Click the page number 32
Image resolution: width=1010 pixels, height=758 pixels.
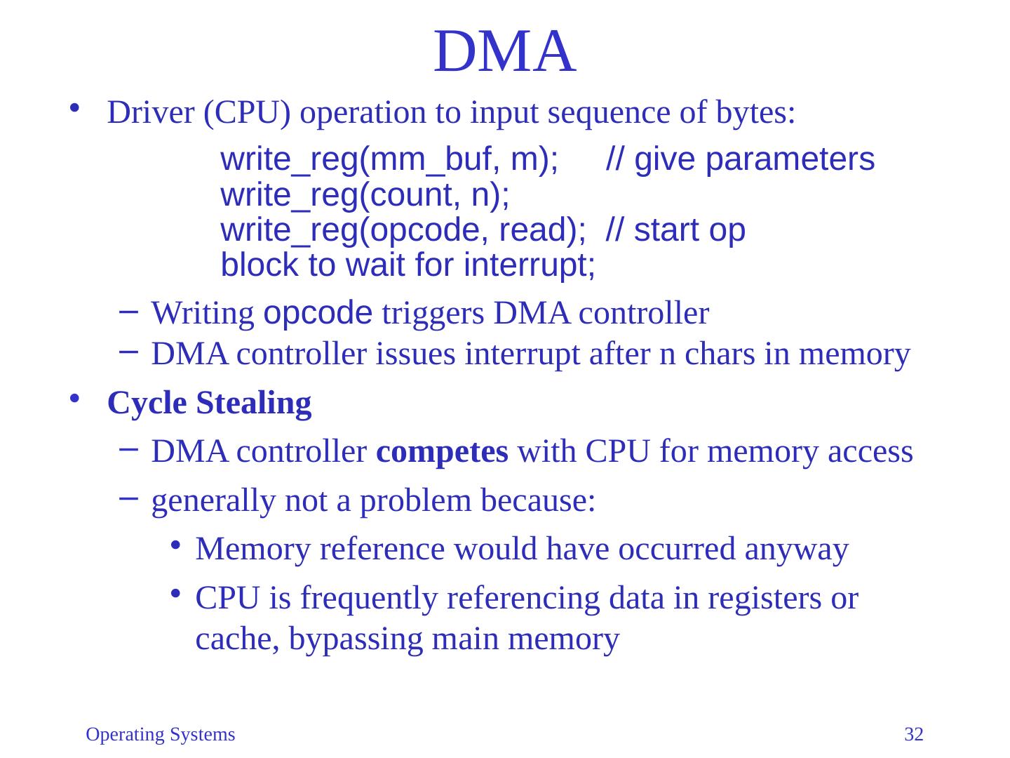tap(914, 735)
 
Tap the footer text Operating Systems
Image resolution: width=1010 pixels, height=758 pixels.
tap(160, 735)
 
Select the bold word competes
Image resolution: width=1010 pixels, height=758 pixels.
tap(442, 453)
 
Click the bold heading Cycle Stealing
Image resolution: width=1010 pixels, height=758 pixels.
tap(209, 404)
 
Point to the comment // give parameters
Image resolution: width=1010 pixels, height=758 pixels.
tap(740, 160)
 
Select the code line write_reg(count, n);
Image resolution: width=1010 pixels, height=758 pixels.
tap(365, 195)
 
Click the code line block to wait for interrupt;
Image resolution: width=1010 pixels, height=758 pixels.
tap(408, 265)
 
